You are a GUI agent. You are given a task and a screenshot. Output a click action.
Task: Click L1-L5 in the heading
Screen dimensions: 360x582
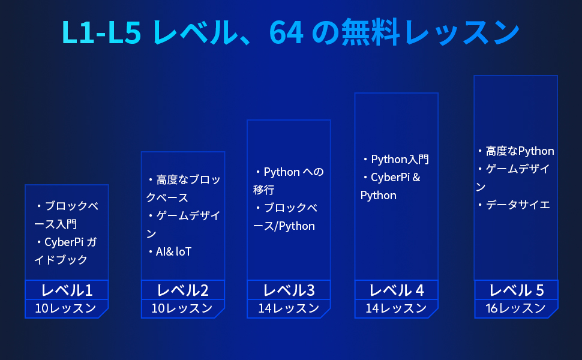coord(101,32)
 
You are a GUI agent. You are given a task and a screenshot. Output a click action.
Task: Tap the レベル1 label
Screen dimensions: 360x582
coord(67,290)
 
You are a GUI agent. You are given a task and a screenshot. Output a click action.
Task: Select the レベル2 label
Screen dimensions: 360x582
coord(183,290)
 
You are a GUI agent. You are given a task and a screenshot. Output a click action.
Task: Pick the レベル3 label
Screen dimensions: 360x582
coord(289,290)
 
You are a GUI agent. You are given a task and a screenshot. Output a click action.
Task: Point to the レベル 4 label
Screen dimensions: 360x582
coord(397,290)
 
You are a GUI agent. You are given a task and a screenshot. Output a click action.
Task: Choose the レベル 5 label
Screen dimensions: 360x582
coord(516,290)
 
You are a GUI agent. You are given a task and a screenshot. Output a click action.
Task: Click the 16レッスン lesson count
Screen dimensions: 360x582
coord(516,308)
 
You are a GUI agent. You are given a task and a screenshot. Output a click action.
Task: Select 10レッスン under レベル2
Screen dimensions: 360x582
coord(182,308)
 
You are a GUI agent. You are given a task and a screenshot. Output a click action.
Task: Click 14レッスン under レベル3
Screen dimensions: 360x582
coord(289,308)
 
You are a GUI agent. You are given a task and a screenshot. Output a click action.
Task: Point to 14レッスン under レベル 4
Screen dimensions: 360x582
coord(396,308)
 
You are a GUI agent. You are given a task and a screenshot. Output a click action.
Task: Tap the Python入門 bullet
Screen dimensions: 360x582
coord(400,160)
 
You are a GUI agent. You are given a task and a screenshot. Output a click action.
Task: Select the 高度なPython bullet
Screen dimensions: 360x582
coord(520,151)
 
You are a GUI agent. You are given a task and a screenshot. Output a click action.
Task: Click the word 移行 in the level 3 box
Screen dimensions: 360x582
coord(263,190)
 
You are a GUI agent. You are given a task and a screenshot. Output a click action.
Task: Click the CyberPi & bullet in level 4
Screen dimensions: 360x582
coord(395,178)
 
